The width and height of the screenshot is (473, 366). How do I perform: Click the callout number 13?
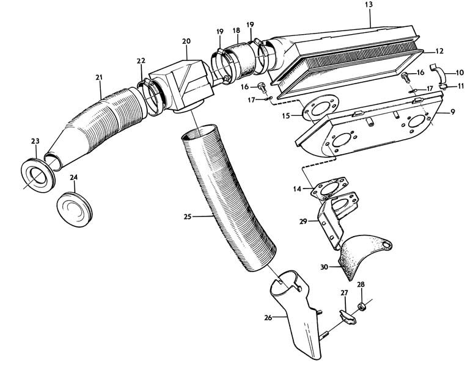pyautogui.click(x=368, y=5)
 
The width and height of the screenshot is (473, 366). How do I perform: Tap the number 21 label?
pyautogui.click(x=98, y=77)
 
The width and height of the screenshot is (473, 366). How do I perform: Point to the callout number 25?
pyautogui.click(x=187, y=216)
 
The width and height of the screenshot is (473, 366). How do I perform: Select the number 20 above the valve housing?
pyautogui.click(x=186, y=41)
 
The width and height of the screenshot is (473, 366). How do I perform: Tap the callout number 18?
pyautogui.click(x=236, y=30)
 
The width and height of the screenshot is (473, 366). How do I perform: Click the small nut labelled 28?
pyautogui.click(x=361, y=304)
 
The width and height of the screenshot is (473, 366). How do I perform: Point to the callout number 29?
pyautogui.click(x=302, y=223)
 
